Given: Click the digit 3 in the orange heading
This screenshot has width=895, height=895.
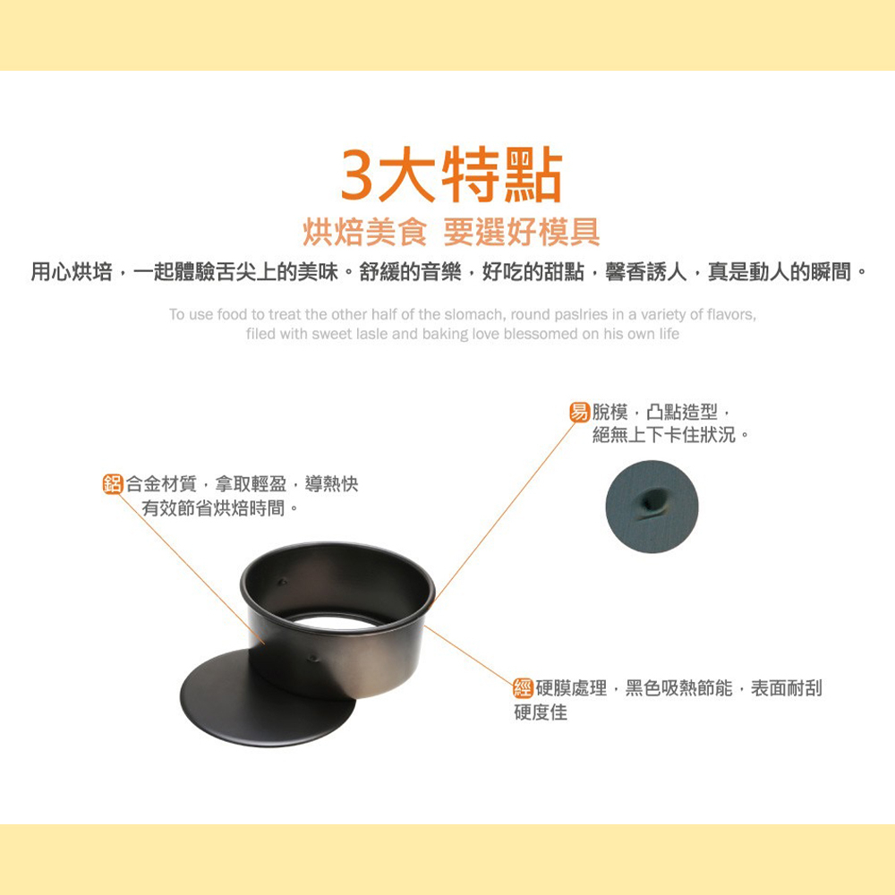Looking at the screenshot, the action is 357,175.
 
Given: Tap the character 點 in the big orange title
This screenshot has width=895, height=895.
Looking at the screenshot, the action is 535,175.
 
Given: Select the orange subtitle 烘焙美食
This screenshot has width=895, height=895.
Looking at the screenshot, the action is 365,232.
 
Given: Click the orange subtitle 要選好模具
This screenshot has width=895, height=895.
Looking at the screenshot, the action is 522,232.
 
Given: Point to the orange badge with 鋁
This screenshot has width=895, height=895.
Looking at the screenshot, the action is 113,484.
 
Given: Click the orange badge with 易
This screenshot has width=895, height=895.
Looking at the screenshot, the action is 579,412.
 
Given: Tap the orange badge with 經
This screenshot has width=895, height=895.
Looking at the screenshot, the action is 524,687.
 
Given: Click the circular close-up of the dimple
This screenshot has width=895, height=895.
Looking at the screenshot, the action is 652,507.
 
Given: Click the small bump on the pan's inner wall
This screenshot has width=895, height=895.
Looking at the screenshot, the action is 282,583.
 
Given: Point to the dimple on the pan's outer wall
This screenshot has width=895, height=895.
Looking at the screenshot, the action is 312,659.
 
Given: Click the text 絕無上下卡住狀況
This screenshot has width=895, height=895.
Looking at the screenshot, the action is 664,435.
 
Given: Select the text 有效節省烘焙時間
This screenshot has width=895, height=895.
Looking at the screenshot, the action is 214,508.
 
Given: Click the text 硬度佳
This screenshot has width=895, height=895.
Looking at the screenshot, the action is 541,712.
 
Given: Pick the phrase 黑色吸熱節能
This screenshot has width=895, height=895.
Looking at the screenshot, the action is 678,688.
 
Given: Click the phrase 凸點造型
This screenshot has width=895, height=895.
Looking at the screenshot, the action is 682,412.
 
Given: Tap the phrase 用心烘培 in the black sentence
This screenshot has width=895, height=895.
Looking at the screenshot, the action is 72,272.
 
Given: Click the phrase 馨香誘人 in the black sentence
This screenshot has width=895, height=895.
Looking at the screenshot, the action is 645,272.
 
